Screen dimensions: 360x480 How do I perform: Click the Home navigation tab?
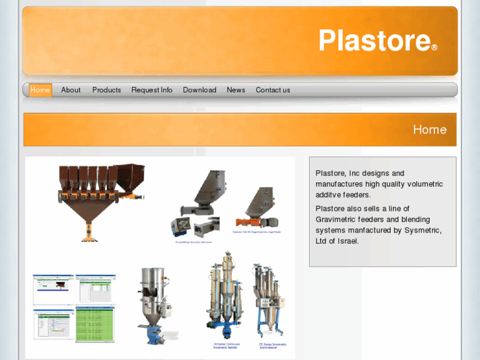40,90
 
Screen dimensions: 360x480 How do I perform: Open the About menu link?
71,90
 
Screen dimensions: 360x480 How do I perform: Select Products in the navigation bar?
106,90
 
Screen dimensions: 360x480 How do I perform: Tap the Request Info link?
152,90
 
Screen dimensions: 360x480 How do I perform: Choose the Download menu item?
199,90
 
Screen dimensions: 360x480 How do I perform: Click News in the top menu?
236,90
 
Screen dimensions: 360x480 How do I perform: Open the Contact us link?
273,90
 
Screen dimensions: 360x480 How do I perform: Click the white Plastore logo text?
374,40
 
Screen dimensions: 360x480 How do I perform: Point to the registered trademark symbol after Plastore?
434,48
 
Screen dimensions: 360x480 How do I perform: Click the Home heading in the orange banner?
429,129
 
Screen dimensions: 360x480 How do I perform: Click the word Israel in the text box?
348,241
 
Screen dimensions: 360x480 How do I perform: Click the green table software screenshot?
94,324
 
